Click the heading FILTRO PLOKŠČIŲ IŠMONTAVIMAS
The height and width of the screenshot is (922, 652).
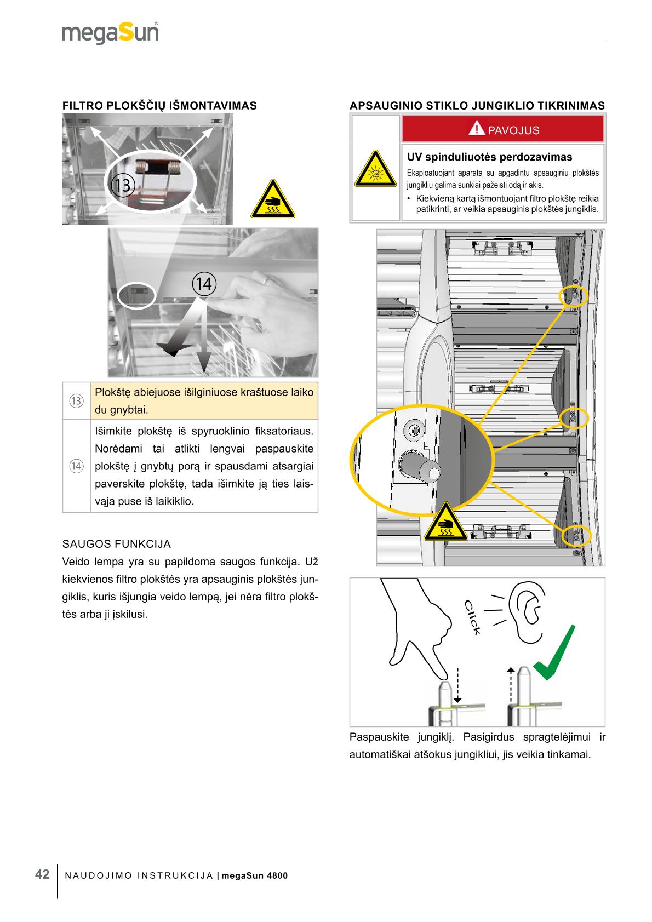pos(159,106)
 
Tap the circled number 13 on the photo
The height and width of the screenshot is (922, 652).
pos(122,185)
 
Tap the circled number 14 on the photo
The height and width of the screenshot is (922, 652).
pos(204,284)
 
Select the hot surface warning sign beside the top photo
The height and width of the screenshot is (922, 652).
pos(272,201)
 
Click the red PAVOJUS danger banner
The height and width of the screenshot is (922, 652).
pos(503,130)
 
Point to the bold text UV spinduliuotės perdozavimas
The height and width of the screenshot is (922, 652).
pos(489,157)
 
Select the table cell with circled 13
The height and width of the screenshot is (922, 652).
pos(76,401)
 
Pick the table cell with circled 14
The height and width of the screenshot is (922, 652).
pos(76,466)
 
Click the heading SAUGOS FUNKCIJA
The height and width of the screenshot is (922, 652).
pos(117,544)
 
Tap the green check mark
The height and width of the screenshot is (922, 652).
pos(554,655)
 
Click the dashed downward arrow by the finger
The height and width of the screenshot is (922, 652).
pos(457,685)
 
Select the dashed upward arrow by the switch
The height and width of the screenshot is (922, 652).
pos(510,685)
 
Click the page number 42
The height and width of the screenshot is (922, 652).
pos(42,874)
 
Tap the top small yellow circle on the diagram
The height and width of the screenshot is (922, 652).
pos(573,296)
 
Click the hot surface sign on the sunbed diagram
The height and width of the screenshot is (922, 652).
pos(444,522)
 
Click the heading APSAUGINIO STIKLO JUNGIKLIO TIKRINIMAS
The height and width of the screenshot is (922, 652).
pos(477,106)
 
